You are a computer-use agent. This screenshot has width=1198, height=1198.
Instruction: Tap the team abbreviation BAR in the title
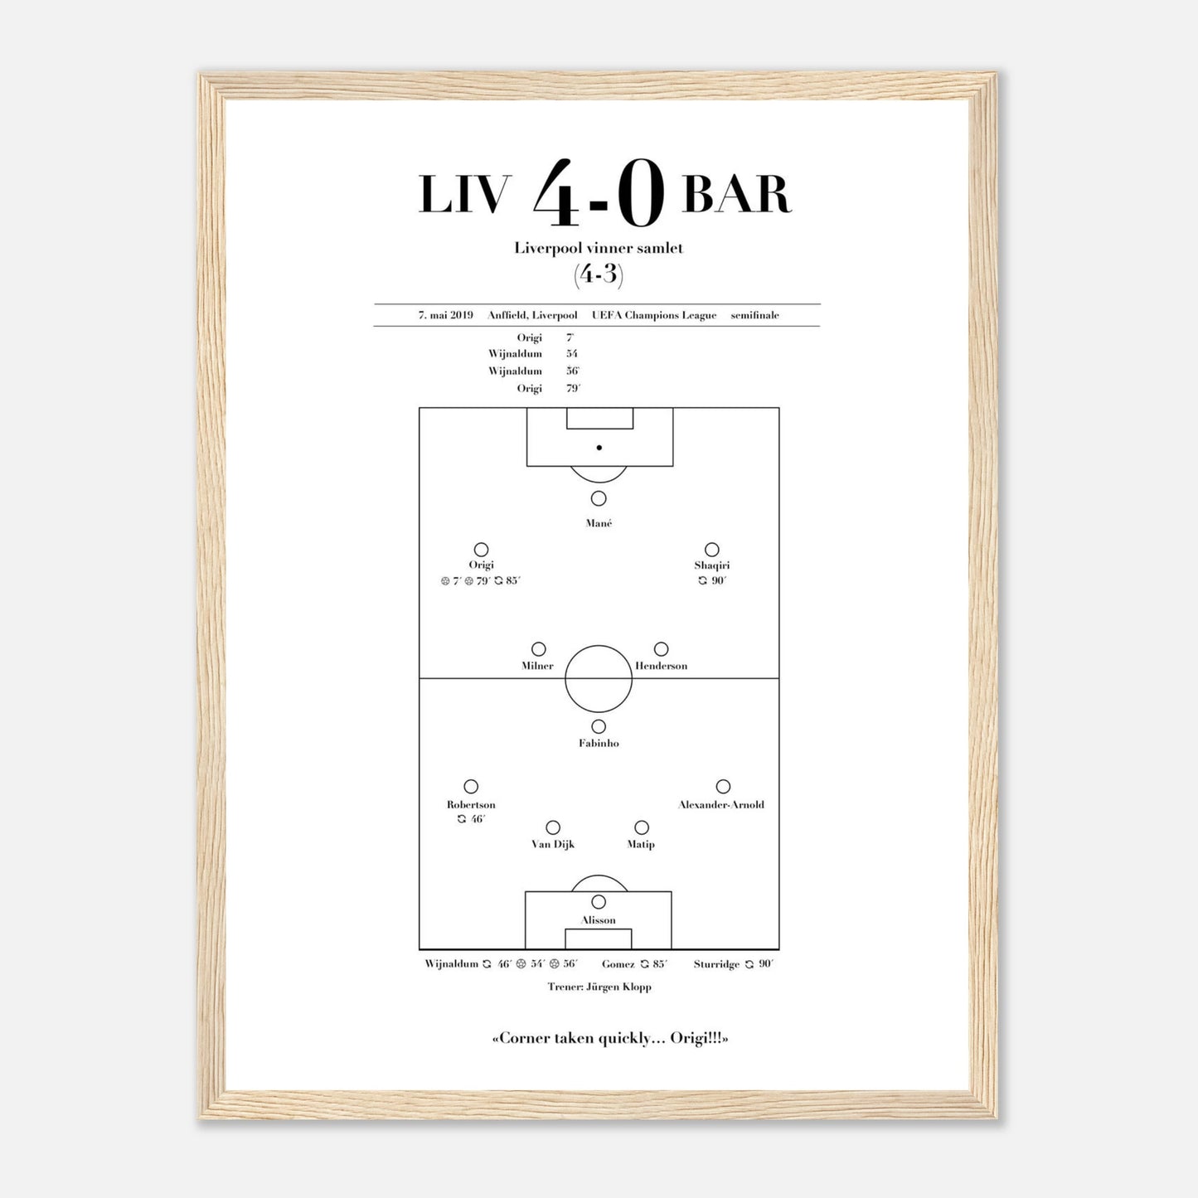click(x=736, y=195)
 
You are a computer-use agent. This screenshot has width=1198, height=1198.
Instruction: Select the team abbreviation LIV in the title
click(x=465, y=195)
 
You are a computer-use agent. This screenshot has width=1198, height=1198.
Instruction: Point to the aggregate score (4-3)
click(x=598, y=274)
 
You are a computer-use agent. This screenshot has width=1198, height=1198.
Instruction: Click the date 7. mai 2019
click(x=446, y=315)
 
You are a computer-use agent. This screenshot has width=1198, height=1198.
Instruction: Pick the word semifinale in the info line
click(x=754, y=315)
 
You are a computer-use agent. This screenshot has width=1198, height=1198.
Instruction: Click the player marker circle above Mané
click(x=599, y=498)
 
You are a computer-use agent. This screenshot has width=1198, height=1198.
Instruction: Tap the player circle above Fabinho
click(x=599, y=726)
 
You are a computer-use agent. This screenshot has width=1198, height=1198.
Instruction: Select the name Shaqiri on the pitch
click(x=712, y=565)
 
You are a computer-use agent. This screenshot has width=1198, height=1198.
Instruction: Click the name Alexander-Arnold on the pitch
click(x=721, y=804)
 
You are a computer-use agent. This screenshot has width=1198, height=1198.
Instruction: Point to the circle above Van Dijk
click(x=553, y=827)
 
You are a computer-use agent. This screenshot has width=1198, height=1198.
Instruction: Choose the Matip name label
click(x=641, y=844)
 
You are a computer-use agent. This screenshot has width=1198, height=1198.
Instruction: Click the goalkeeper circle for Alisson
click(x=599, y=901)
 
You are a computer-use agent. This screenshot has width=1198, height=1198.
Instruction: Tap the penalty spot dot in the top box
click(x=599, y=448)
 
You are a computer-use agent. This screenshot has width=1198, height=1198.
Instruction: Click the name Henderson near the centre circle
click(x=661, y=666)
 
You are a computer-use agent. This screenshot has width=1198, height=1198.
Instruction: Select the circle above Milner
click(x=538, y=649)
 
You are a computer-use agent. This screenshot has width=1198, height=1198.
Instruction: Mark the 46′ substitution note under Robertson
click(x=471, y=819)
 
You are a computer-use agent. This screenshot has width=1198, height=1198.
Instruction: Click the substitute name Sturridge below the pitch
click(x=717, y=964)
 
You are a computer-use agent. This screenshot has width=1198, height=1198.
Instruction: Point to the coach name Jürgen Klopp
click(x=618, y=987)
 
